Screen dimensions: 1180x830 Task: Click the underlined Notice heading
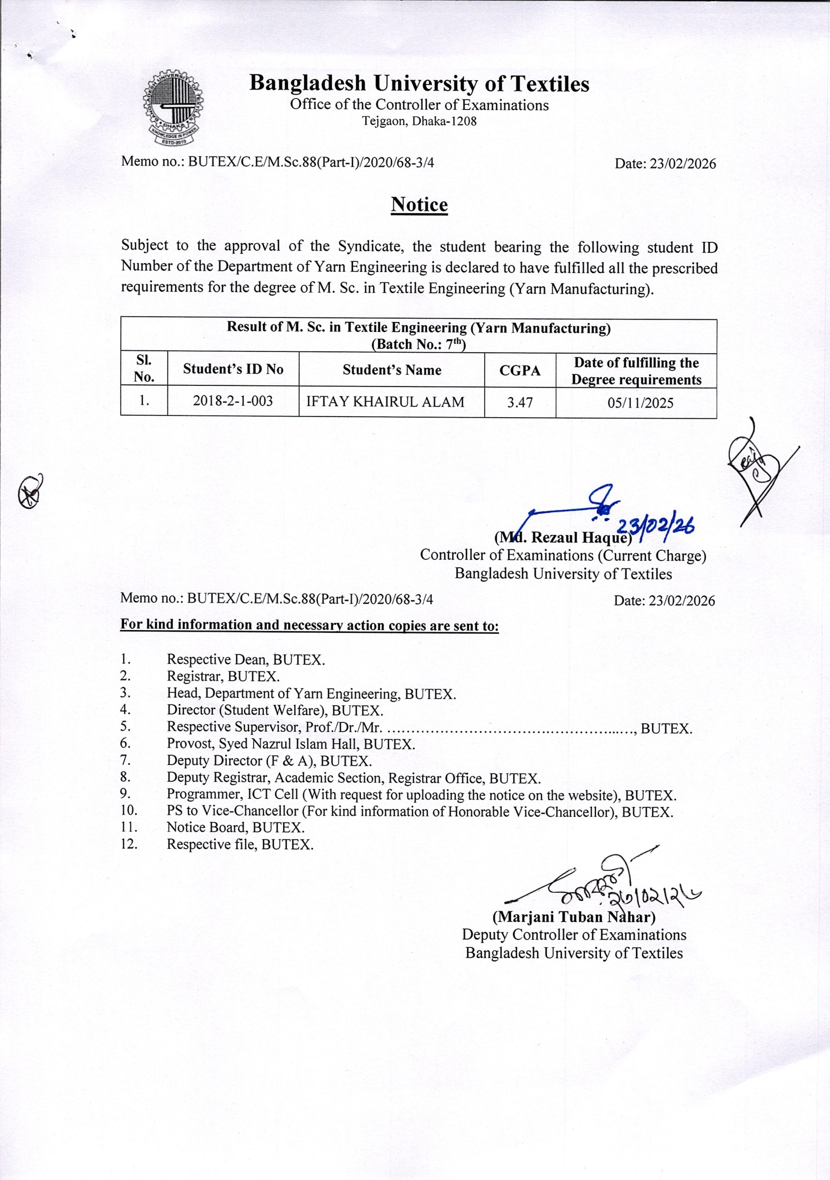419,205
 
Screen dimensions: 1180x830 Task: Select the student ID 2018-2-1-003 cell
233,401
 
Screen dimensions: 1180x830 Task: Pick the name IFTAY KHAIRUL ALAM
385,402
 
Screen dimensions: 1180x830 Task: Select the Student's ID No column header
233,369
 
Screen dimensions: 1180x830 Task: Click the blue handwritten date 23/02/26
655,527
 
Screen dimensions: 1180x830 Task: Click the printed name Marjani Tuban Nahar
574,917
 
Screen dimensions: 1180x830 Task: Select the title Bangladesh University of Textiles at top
419,83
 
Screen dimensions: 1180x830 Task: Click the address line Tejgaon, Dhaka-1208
419,122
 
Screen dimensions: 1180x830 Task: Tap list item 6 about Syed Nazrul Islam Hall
290,744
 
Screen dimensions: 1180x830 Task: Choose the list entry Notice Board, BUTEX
235,828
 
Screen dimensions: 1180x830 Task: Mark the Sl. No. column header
144,368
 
